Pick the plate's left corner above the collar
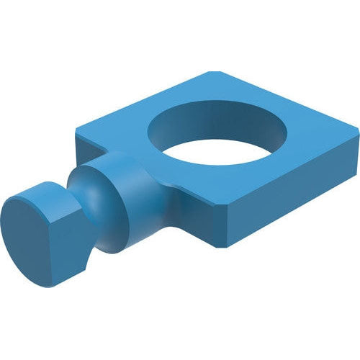(77, 133)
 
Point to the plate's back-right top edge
(288, 101)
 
